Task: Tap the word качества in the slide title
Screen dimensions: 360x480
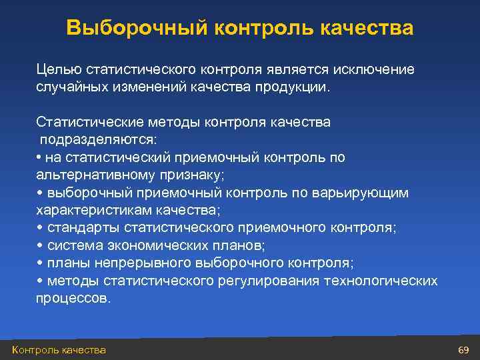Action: tap(367, 28)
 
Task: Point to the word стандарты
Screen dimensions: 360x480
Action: tap(79, 227)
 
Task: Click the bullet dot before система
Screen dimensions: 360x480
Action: tap(39, 245)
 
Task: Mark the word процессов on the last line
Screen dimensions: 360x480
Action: tap(73, 298)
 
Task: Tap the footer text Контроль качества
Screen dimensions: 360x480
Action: tap(59, 350)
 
